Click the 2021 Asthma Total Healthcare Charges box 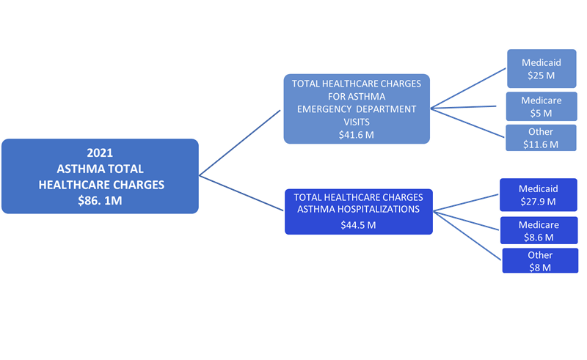[100, 176]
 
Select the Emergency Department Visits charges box [357, 109]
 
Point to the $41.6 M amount [357, 135]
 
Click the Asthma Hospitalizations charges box [358, 211]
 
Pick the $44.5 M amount [358, 225]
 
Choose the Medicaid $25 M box [540, 69]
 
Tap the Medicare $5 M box [540, 106]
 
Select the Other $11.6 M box [540, 138]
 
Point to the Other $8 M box [539, 261]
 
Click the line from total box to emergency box [240, 143]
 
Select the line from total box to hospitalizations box [241, 194]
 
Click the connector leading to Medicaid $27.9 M [467, 204]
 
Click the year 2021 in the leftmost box [100, 153]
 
